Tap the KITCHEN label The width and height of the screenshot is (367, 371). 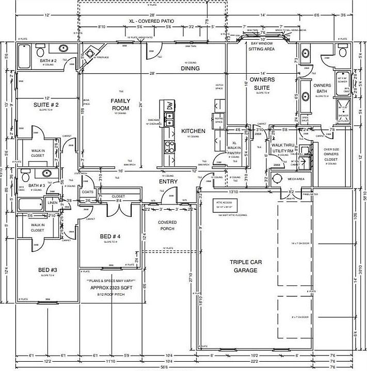(193, 131)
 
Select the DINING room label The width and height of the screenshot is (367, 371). (190, 68)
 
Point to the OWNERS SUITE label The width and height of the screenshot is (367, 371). (262, 83)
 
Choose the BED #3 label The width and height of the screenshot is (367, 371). (47, 269)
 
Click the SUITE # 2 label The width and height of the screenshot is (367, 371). (46, 105)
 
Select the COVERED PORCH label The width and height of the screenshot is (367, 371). (167, 226)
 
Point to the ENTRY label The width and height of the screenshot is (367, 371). (168, 181)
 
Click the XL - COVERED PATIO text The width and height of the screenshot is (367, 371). (152, 21)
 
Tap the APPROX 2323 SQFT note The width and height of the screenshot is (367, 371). (111, 287)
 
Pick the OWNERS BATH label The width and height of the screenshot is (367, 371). (322, 89)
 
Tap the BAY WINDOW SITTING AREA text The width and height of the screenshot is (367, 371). (262, 46)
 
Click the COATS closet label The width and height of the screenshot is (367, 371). (87, 192)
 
